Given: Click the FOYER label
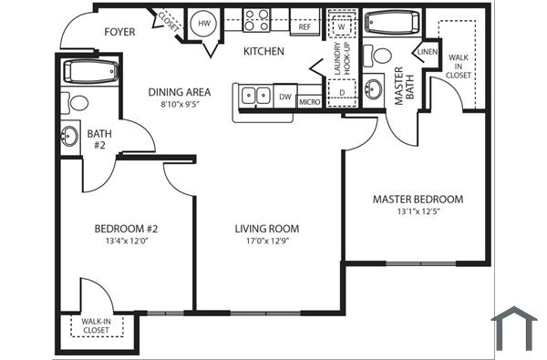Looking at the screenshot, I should point(119,32).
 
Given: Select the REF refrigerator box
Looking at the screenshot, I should point(304,27).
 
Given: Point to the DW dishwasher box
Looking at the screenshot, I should point(285,97).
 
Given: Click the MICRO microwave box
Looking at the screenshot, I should point(310,100).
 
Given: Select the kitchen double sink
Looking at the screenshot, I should point(254,95).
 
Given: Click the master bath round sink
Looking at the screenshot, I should point(374,89).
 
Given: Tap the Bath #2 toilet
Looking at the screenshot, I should point(78,103).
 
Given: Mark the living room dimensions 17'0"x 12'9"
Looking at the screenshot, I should point(267,242).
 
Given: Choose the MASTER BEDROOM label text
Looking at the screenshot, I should point(418,199).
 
